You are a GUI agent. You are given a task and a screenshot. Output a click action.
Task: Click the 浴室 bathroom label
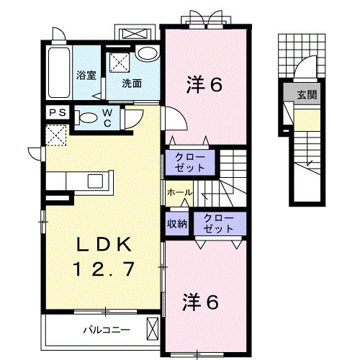(86, 74)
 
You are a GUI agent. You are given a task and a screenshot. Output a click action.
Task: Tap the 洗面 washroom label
(131, 83)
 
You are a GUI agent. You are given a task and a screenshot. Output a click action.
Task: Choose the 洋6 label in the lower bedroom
(201, 302)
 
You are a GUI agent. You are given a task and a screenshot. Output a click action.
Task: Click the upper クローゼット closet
(190, 161)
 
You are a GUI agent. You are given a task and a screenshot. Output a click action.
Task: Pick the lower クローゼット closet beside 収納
(217, 223)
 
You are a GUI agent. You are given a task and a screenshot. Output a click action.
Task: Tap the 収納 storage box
(178, 223)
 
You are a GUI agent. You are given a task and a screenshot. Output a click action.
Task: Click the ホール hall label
(179, 193)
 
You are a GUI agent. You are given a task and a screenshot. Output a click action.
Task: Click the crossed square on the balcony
(153, 330)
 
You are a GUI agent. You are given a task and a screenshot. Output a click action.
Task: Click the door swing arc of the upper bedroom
(175, 118)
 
